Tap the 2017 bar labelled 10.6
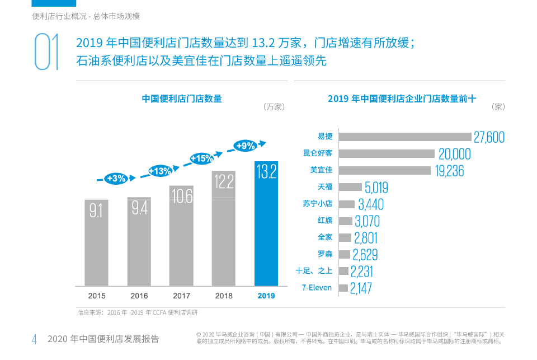(x=181, y=236)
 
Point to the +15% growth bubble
(x=202, y=158)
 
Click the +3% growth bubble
(x=116, y=179)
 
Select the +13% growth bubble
(x=159, y=171)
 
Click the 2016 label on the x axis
(x=139, y=296)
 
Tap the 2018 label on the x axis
(x=224, y=296)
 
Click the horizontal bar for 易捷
(x=406, y=137)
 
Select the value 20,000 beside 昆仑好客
(x=454, y=154)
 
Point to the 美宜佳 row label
(x=321, y=170)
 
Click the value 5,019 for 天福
(x=376, y=188)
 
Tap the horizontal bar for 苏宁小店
(x=347, y=204)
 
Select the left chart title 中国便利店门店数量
(x=182, y=99)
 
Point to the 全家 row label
(x=324, y=237)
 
